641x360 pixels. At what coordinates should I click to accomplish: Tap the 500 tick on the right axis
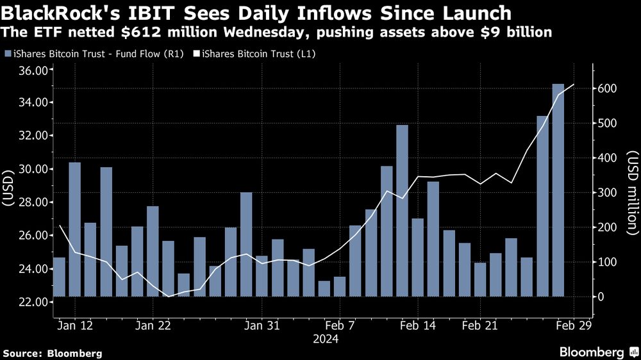pos(606,123)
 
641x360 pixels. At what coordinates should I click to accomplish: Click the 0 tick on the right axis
pos(601,297)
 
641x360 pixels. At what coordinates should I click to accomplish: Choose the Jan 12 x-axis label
pos(75,325)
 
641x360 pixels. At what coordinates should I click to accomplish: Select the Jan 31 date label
pos(263,325)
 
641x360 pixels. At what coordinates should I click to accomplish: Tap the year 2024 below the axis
pos(326,340)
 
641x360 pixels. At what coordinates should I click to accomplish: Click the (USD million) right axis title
pos(632,192)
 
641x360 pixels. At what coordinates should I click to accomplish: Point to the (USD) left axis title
pos(9,186)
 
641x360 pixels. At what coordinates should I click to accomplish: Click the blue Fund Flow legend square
pos(7,54)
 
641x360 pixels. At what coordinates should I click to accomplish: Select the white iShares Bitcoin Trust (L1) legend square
pos(196,54)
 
